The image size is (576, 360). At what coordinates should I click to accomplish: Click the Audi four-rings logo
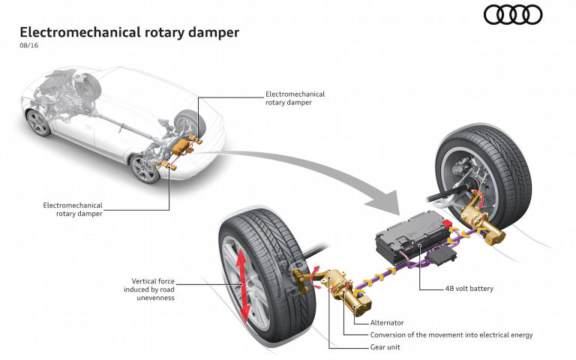click(513, 15)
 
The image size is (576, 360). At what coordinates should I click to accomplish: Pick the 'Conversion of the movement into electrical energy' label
click(451, 335)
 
